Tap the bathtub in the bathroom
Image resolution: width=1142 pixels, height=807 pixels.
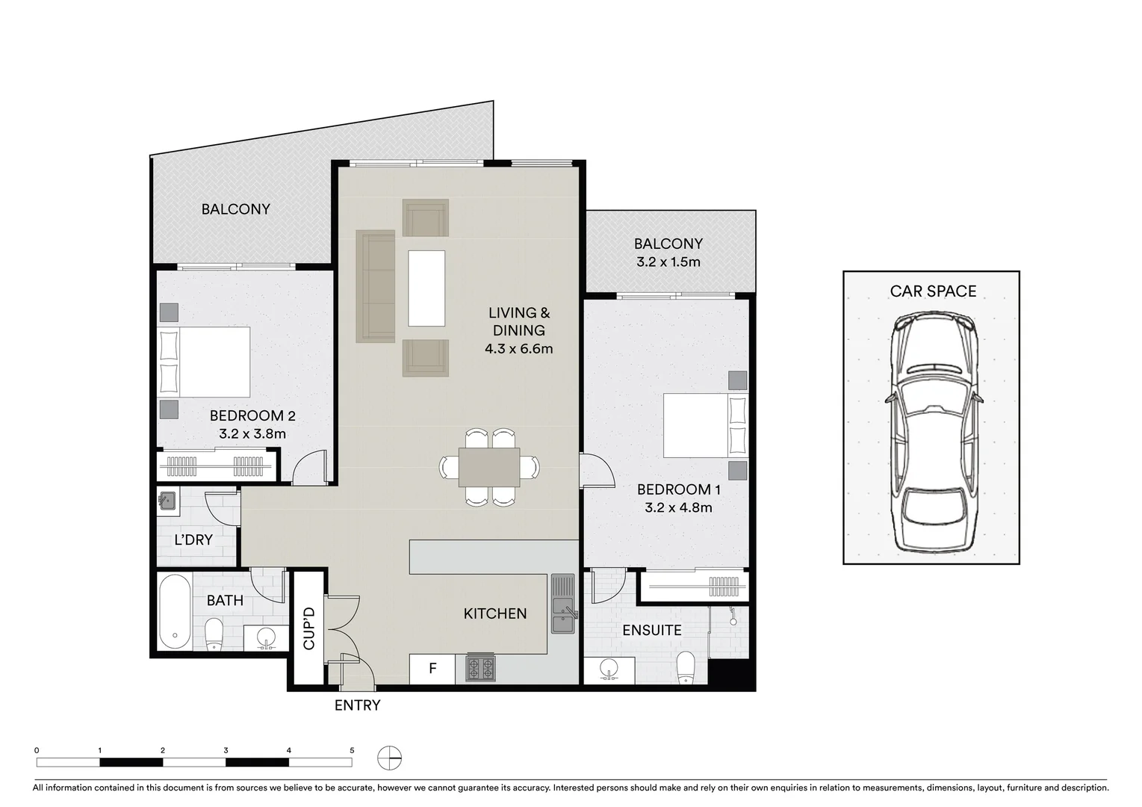click(x=175, y=611)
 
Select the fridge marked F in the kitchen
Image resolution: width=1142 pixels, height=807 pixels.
click(x=432, y=669)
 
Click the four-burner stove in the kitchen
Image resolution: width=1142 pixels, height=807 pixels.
click(x=480, y=667)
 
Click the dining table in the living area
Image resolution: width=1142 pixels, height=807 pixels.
click(x=489, y=467)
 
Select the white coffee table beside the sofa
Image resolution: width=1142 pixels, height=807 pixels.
click(x=426, y=288)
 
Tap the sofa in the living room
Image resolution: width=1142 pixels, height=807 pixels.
click(x=375, y=287)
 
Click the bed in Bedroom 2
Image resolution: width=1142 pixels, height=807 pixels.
click(x=205, y=362)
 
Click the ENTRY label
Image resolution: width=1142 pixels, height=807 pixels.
click(x=357, y=705)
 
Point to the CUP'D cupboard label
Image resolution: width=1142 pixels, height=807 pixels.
click(x=308, y=628)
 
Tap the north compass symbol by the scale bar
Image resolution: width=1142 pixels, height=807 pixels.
click(x=389, y=758)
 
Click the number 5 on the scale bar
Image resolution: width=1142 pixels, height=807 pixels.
click(x=352, y=750)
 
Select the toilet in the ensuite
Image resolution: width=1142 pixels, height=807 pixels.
click(x=686, y=667)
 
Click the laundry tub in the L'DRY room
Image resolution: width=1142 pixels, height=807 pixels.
click(x=167, y=501)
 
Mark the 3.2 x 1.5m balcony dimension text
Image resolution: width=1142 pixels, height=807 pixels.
click(x=668, y=262)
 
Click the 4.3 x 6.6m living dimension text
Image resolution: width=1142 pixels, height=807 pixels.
click(x=518, y=349)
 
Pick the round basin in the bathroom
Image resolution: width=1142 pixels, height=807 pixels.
click(x=265, y=639)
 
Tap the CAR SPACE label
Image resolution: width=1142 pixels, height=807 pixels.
click(x=932, y=291)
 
